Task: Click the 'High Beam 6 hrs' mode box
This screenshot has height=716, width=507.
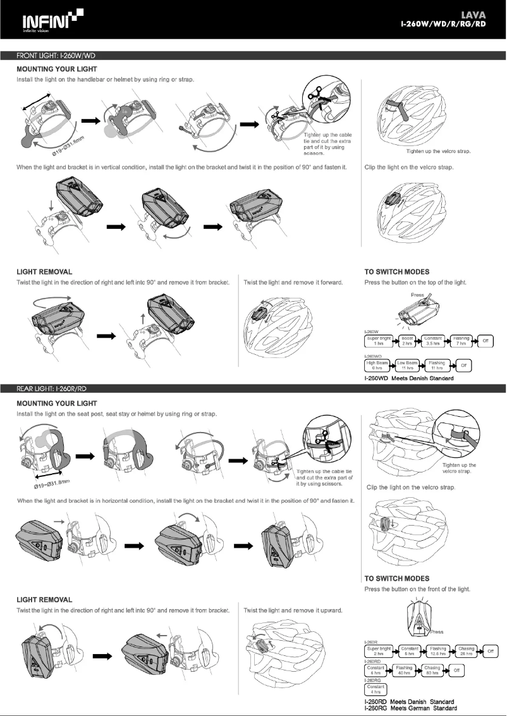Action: [x=378, y=365]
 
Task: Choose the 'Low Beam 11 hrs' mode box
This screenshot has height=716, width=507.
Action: [x=409, y=365]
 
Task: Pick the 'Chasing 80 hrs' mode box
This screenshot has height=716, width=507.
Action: [x=432, y=669]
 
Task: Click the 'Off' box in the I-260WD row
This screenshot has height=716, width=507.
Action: [x=463, y=365]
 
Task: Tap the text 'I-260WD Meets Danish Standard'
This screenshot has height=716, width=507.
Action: [x=408, y=378]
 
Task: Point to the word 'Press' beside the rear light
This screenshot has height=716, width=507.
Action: [x=436, y=631]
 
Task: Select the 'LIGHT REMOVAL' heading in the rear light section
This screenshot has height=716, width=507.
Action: [x=44, y=599]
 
